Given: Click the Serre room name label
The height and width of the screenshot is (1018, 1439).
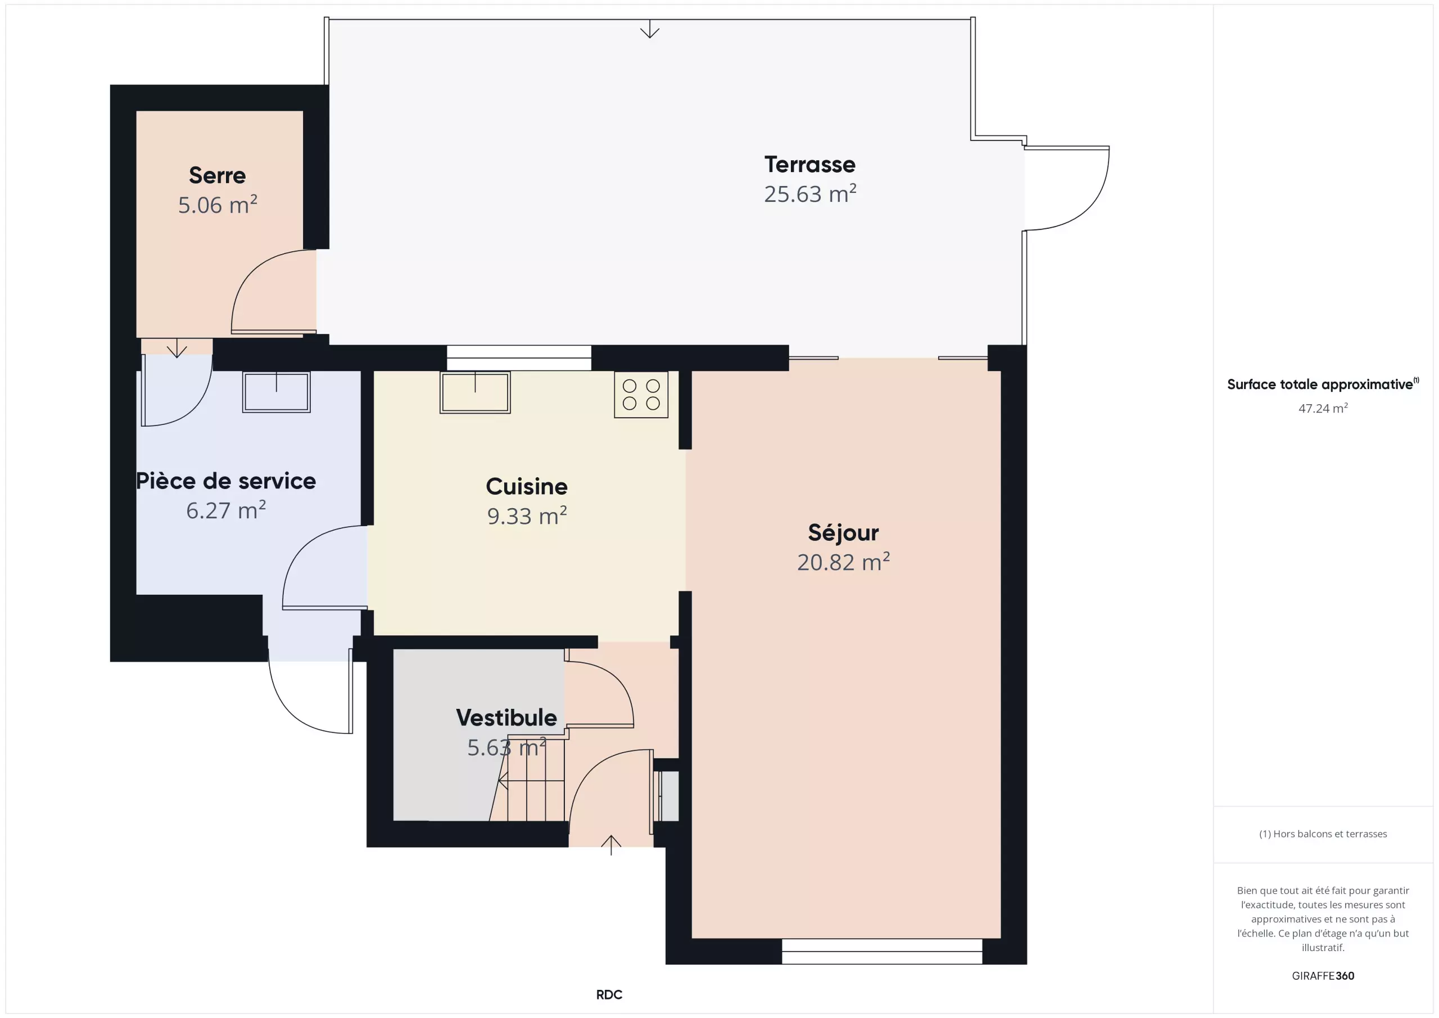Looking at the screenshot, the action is tap(218, 175).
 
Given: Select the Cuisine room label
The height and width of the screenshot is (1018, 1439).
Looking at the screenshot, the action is tap(527, 486).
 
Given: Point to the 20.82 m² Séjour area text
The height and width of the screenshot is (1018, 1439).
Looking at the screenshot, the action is tap(843, 562).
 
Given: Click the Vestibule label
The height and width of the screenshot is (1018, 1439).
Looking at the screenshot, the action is tap(506, 718).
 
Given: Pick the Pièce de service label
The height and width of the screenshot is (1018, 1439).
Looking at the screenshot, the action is tap(225, 481).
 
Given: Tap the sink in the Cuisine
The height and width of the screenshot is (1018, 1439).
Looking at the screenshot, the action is tap(475, 392).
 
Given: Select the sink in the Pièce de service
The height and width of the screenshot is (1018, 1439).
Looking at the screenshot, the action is tap(277, 392).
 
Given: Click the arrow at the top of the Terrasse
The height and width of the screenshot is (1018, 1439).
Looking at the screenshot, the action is tap(650, 29).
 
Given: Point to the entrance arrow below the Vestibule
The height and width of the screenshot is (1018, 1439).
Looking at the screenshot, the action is tap(611, 845).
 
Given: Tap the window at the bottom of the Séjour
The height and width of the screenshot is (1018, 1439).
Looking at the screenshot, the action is tap(882, 951).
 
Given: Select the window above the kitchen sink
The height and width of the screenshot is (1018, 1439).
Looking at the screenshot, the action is tap(519, 358).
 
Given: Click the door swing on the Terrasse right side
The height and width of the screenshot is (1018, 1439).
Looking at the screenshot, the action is tap(1067, 188).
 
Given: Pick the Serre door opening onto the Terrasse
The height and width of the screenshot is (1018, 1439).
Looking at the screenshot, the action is tap(274, 292).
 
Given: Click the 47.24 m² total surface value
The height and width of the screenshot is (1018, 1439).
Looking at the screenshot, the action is tap(1323, 408).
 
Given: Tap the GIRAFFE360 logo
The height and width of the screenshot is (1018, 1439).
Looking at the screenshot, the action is tap(1323, 975).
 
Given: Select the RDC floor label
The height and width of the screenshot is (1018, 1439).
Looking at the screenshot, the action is tap(609, 994).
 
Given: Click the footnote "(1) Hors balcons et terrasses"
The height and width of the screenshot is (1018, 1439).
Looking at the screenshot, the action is tap(1323, 834).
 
